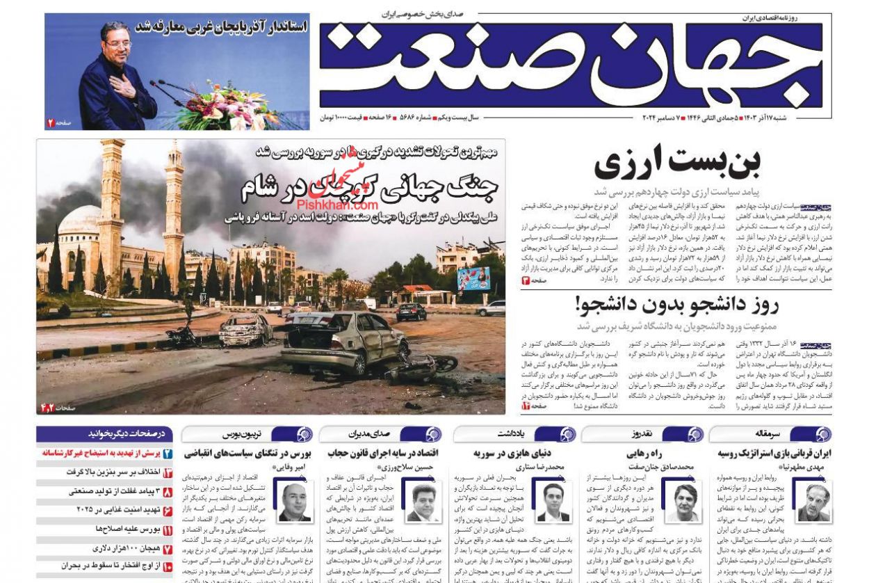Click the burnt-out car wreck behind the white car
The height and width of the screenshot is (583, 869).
245,329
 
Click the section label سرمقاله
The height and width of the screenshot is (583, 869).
768,434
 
